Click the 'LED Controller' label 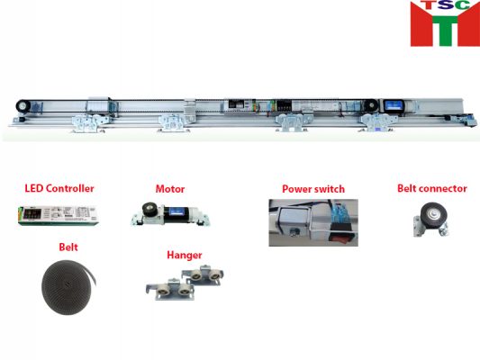59,188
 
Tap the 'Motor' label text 170,189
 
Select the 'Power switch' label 313,189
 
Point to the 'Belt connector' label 432,188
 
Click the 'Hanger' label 185,255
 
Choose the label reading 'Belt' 68,247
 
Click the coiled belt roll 68,287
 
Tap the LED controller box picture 59,216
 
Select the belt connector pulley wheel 433,215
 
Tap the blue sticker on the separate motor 177,211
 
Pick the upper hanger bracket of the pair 202,275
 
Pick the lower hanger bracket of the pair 170,289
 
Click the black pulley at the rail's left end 23,106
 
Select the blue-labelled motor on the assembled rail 396,105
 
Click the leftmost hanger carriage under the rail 88,122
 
